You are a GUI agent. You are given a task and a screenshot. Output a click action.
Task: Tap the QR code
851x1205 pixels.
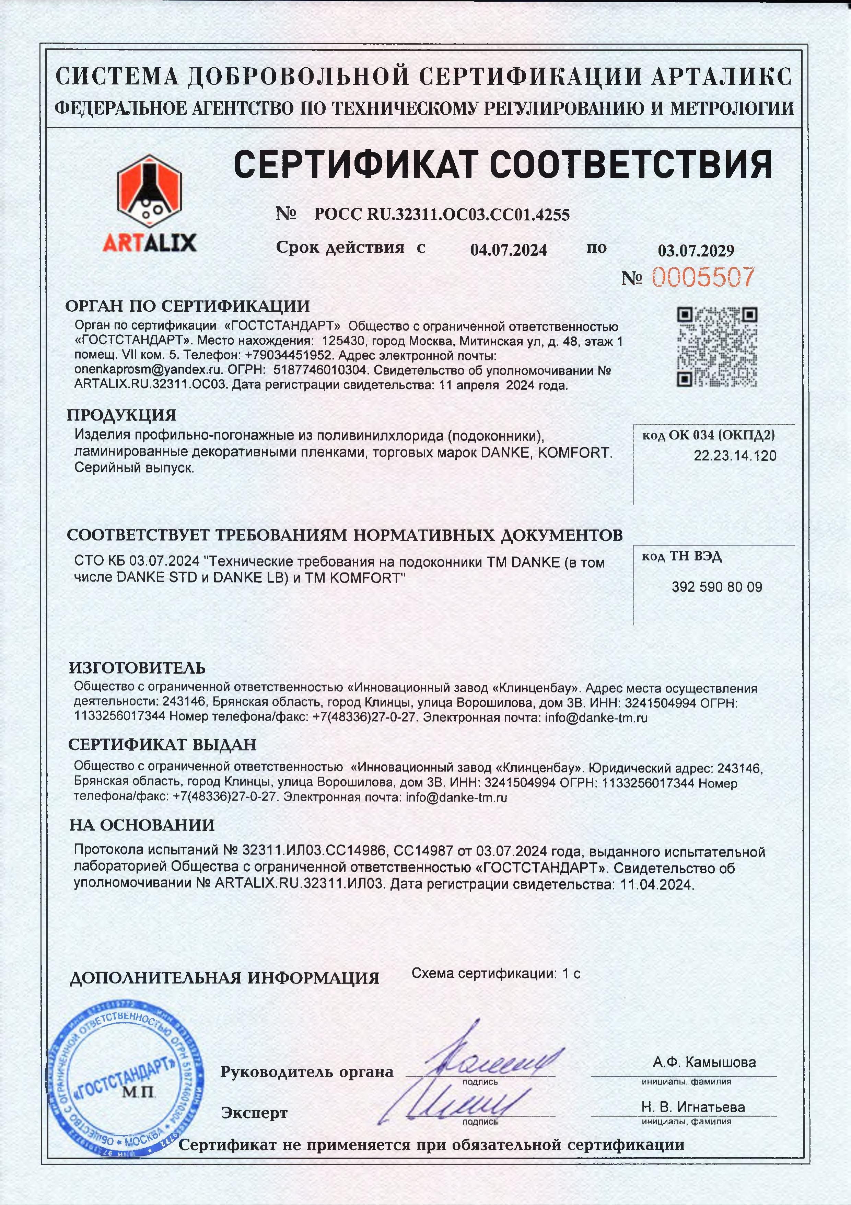pos(717,347)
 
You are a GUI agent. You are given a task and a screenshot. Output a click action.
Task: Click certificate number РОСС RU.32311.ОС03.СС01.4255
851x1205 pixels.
pos(441,215)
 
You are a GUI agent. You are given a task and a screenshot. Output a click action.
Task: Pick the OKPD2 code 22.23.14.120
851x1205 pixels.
pos(735,456)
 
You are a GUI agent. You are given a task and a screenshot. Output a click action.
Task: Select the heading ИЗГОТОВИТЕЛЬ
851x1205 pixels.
pos(138,668)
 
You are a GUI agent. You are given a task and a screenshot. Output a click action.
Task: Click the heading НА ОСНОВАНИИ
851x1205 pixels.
pos(142,825)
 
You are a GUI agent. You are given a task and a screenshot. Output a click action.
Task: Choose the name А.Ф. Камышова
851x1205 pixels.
pos(704,1063)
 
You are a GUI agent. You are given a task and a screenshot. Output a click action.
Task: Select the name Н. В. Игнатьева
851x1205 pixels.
pos(692,1108)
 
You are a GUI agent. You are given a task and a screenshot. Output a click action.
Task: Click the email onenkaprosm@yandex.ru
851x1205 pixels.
pos(149,370)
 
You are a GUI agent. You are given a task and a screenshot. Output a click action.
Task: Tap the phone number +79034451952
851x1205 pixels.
pos(288,355)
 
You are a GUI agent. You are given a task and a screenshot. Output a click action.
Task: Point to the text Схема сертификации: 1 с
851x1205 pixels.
pos(496,974)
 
